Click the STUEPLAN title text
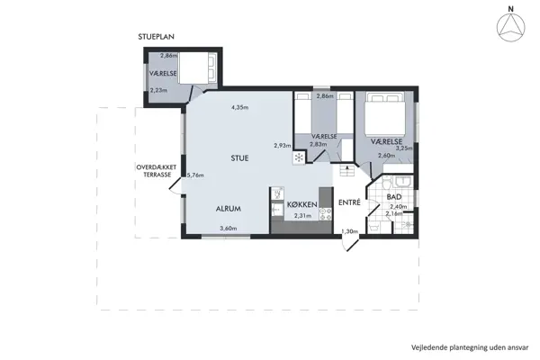[156, 37]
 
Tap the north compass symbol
[510, 24]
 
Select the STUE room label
[239, 158]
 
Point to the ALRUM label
[229, 209]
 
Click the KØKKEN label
[302, 204]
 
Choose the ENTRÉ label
[349, 202]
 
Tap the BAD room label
[394, 197]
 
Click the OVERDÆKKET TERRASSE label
[157, 171]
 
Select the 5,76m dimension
[195, 175]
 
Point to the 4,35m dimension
[240, 107]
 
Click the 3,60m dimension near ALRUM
[229, 229]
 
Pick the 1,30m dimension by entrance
[349, 231]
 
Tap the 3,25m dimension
[404, 148]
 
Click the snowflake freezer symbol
[299, 158]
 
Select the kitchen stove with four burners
[326, 214]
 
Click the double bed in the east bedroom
[384, 113]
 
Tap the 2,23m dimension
[158, 91]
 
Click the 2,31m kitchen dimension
[302, 216]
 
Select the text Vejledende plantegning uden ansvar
[470, 347]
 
